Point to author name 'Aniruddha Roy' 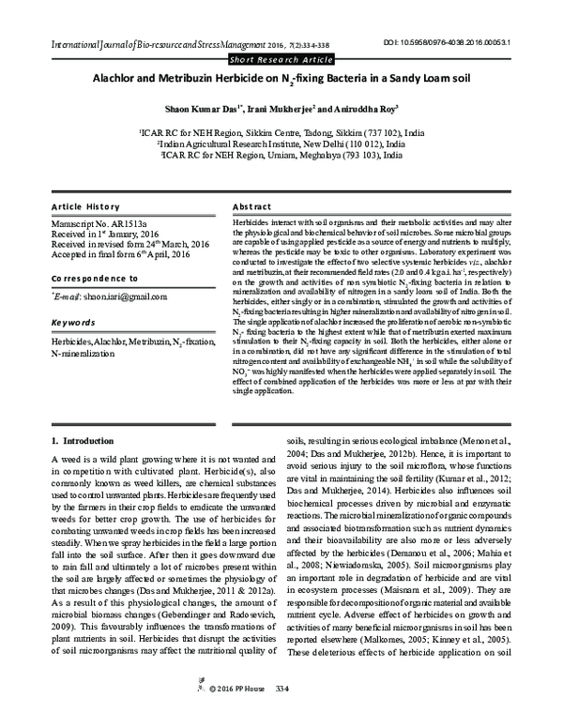click(x=357, y=107)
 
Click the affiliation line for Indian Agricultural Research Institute click(x=281, y=145)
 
